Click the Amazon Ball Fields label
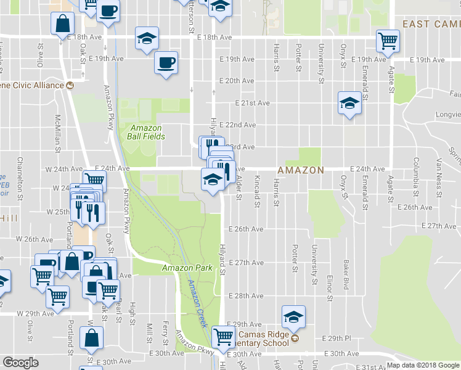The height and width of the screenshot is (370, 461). [146, 131]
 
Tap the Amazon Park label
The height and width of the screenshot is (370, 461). [187, 268]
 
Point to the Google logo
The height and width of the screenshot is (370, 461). [20, 363]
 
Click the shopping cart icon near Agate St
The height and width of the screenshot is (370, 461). [388, 43]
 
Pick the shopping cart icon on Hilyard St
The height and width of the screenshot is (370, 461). [222, 337]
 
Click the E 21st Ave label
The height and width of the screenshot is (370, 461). [252, 104]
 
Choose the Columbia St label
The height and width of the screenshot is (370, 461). [417, 171]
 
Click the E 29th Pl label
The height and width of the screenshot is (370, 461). [338, 339]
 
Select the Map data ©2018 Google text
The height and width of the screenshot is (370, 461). [423, 365]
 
